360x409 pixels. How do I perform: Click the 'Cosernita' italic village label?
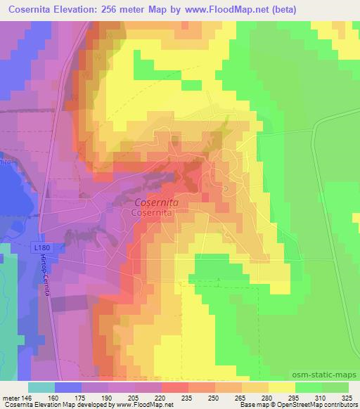click(156, 202)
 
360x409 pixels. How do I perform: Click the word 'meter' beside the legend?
click(9, 397)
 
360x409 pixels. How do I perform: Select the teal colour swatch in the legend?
click(41, 388)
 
